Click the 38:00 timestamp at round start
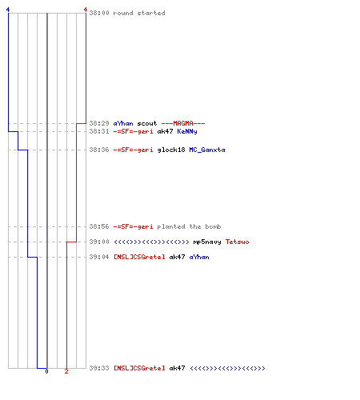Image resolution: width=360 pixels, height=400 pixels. pyautogui.click(x=99, y=13)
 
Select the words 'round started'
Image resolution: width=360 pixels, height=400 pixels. pyautogui.click(x=139, y=13)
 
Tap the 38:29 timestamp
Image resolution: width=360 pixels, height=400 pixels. pyautogui.click(x=99, y=123)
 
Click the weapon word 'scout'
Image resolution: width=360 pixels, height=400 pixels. pyautogui.click(x=147, y=123)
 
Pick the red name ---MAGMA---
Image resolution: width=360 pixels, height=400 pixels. pyautogui.click(x=183, y=123)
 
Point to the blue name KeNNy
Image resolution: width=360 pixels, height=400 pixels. pyautogui.click(x=187, y=131)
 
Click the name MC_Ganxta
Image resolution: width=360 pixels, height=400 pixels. pyautogui.click(x=207, y=150)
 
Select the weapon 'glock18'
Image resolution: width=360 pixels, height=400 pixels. pyautogui.click(x=171, y=150)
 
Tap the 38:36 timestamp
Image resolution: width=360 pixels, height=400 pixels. pyautogui.click(x=99, y=150)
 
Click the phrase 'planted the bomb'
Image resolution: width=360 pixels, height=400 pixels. pyautogui.click(x=189, y=226)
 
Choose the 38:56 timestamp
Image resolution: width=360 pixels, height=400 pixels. pyautogui.click(x=99, y=226)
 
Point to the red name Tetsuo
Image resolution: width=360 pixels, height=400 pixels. pyautogui.click(x=238, y=242)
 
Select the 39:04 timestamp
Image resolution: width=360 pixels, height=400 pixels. pyautogui.click(x=99, y=257)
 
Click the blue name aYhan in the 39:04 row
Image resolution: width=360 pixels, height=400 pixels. pyautogui.click(x=199, y=257)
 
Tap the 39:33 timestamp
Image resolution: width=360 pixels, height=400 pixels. pyautogui.click(x=99, y=368)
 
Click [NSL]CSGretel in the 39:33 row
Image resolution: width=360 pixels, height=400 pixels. pyautogui.click(x=139, y=368)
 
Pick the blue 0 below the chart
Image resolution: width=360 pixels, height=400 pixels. pyautogui.click(x=46, y=371)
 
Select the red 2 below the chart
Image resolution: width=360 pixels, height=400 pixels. pyautogui.click(x=66, y=371)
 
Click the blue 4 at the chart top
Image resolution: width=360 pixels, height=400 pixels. pyautogui.click(x=8, y=10)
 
